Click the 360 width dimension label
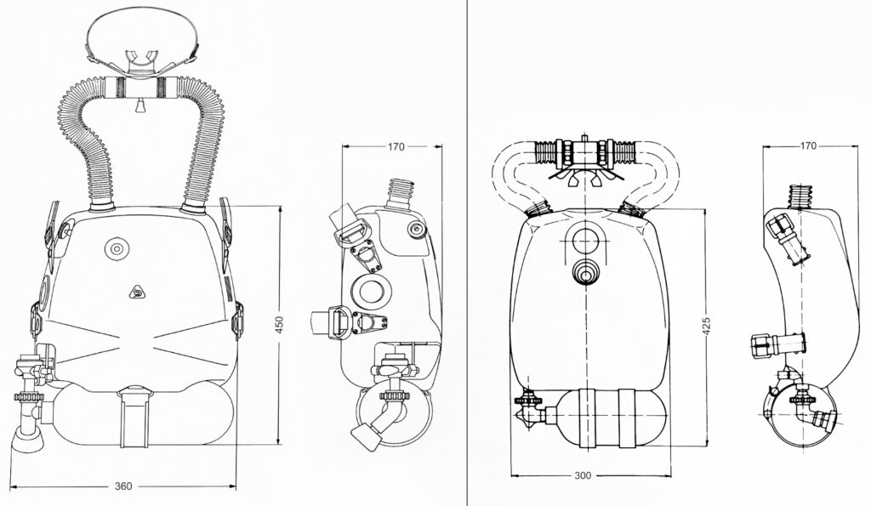point(123,486)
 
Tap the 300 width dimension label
point(583,475)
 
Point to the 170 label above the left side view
point(396,146)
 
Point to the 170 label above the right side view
point(808,146)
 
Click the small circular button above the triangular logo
point(117,248)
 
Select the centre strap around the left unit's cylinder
point(134,417)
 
